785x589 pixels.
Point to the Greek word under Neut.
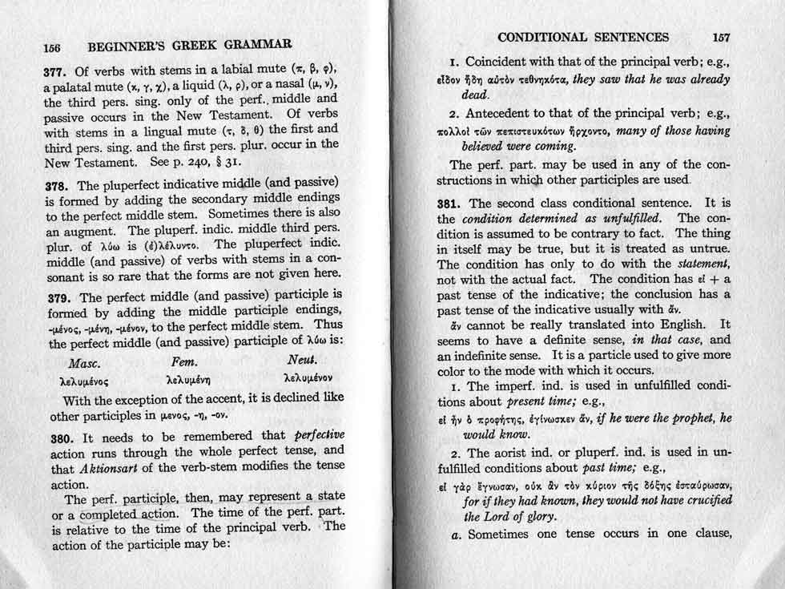tap(308, 377)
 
